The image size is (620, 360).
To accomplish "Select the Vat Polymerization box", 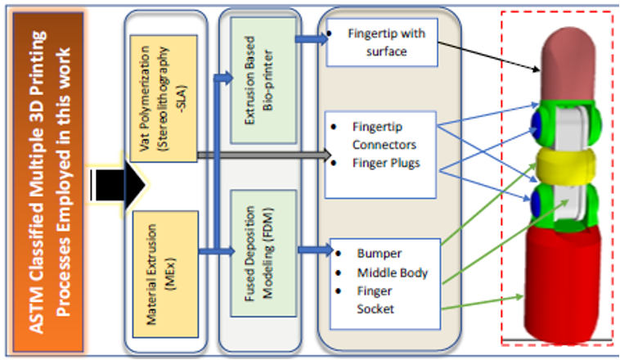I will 163,99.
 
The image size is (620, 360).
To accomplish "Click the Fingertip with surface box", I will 382,43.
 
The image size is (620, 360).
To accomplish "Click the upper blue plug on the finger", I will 538,121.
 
